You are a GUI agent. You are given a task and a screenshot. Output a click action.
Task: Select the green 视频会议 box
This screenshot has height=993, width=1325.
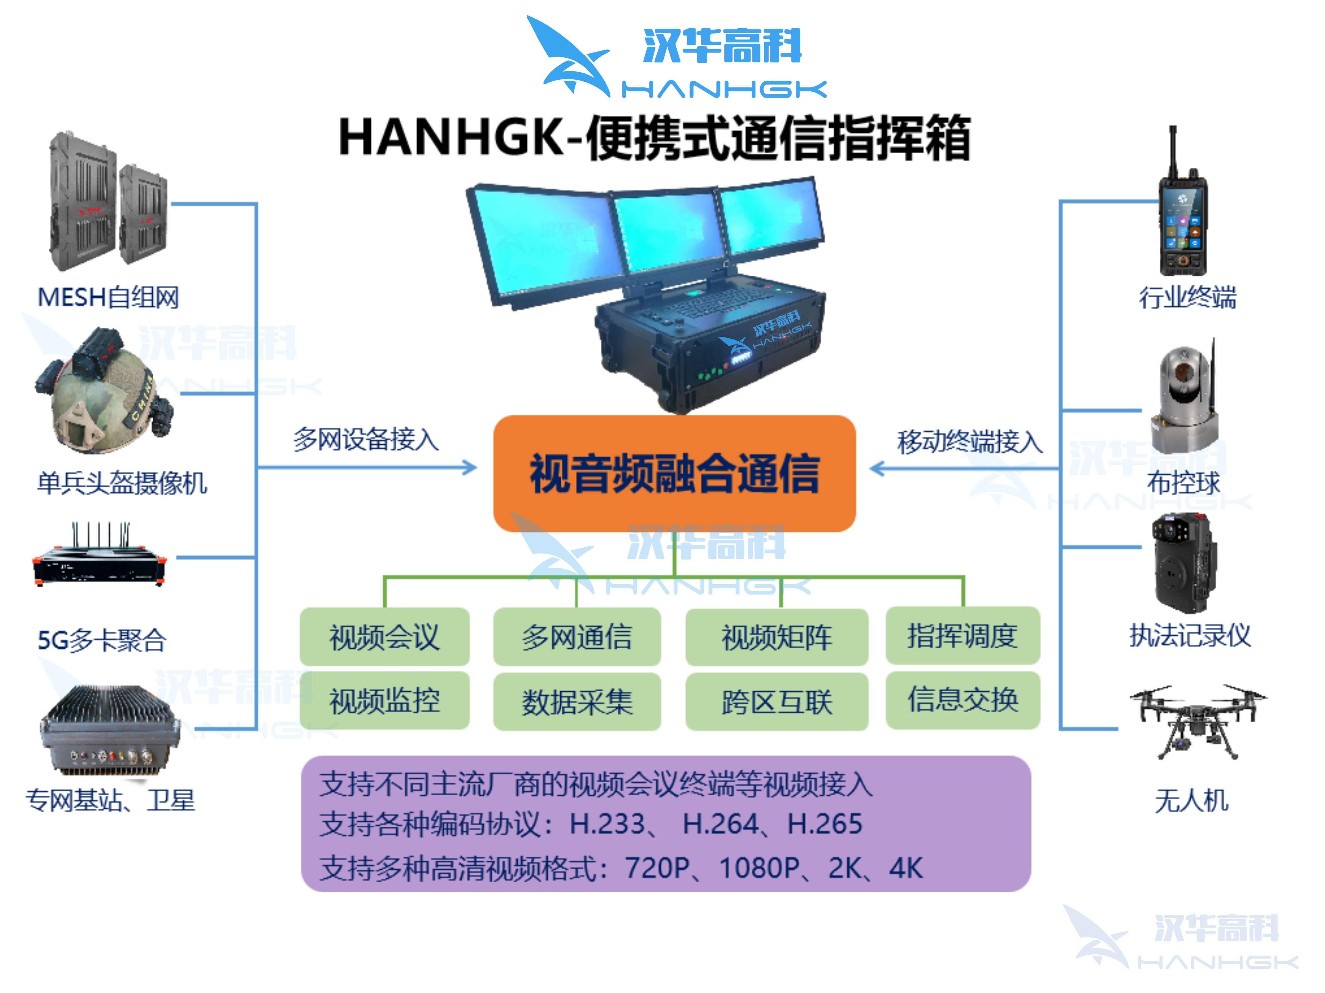[x=384, y=636]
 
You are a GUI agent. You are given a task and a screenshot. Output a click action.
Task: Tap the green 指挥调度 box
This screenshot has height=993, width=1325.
[x=963, y=635]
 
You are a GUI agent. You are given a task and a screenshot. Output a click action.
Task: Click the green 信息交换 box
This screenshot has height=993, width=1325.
[x=963, y=699]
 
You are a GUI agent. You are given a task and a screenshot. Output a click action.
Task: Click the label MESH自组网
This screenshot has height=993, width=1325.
[x=108, y=298]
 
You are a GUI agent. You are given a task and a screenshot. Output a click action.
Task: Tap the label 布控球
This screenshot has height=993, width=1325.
[x=1183, y=483]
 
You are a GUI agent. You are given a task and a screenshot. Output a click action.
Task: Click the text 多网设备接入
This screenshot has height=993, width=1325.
[x=366, y=439]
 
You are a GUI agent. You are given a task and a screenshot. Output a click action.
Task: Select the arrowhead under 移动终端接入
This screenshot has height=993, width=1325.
[x=877, y=468]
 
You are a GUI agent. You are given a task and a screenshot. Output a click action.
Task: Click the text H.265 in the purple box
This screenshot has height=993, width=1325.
[x=825, y=824]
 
